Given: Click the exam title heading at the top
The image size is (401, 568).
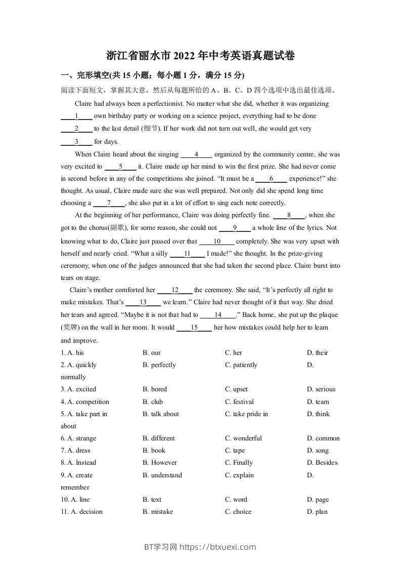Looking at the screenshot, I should click(x=201, y=56).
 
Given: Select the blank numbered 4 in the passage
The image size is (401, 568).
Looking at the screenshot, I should click(x=196, y=154).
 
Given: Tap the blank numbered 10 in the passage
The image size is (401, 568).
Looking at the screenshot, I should click(x=217, y=241).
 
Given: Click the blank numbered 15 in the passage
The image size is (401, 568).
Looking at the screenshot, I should click(x=194, y=328).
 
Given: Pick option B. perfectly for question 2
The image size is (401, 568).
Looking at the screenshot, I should click(x=159, y=365).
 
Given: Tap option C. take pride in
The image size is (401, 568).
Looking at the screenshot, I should click(x=246, y=414).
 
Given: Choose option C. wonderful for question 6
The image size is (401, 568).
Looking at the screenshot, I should click(x=243, y=438).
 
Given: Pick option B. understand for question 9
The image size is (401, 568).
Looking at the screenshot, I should click(x=162, y=475).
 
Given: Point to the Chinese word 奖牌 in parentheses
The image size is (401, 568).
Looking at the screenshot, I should click(x=70, y=328).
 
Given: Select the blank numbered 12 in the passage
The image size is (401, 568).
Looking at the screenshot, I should click(x=175, y=291).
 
